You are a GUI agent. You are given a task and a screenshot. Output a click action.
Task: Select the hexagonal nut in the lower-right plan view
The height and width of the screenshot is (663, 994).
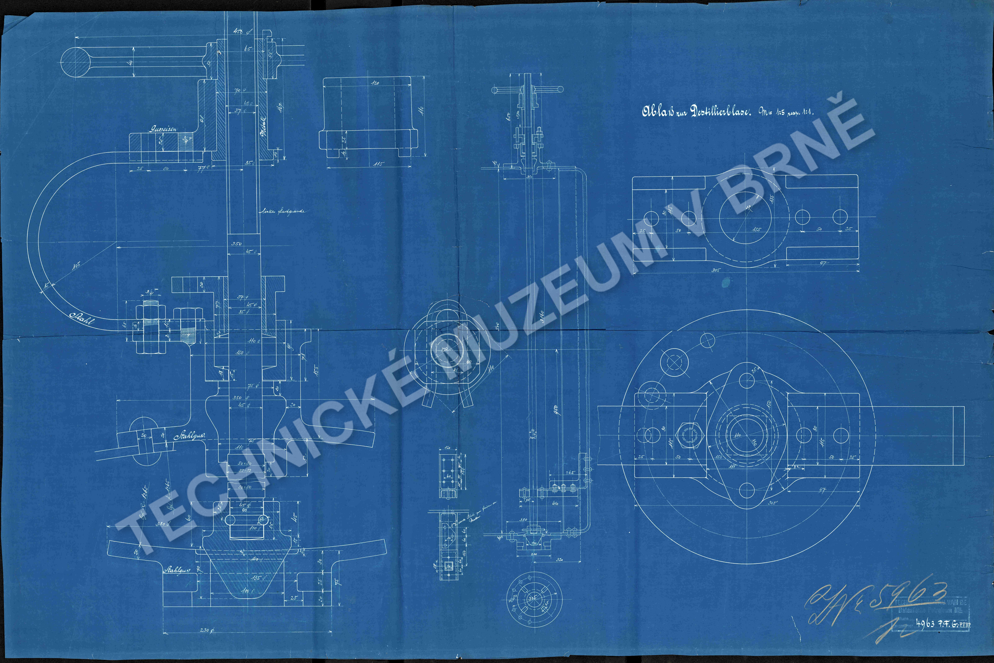[x=690, y=436]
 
